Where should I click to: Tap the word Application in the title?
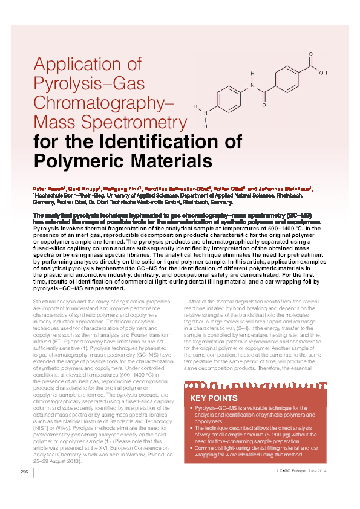pos(87,64)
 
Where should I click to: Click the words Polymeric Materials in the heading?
pos(123,161)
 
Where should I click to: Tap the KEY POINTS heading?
pos(214,398)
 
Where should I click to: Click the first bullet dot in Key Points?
pos(191,410)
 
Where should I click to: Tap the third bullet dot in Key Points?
pos(191,448)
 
